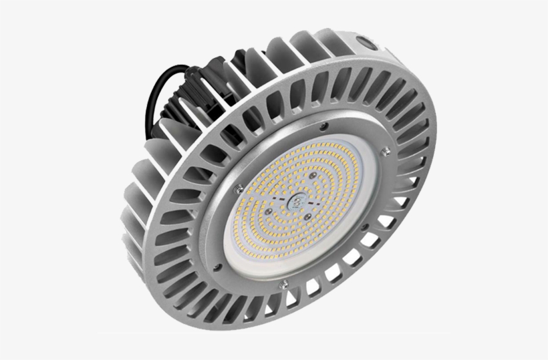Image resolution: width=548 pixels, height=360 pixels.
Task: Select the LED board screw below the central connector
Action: (x=305, y=216)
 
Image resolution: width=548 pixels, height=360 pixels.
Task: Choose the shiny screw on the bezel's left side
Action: (x=234, y=189)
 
